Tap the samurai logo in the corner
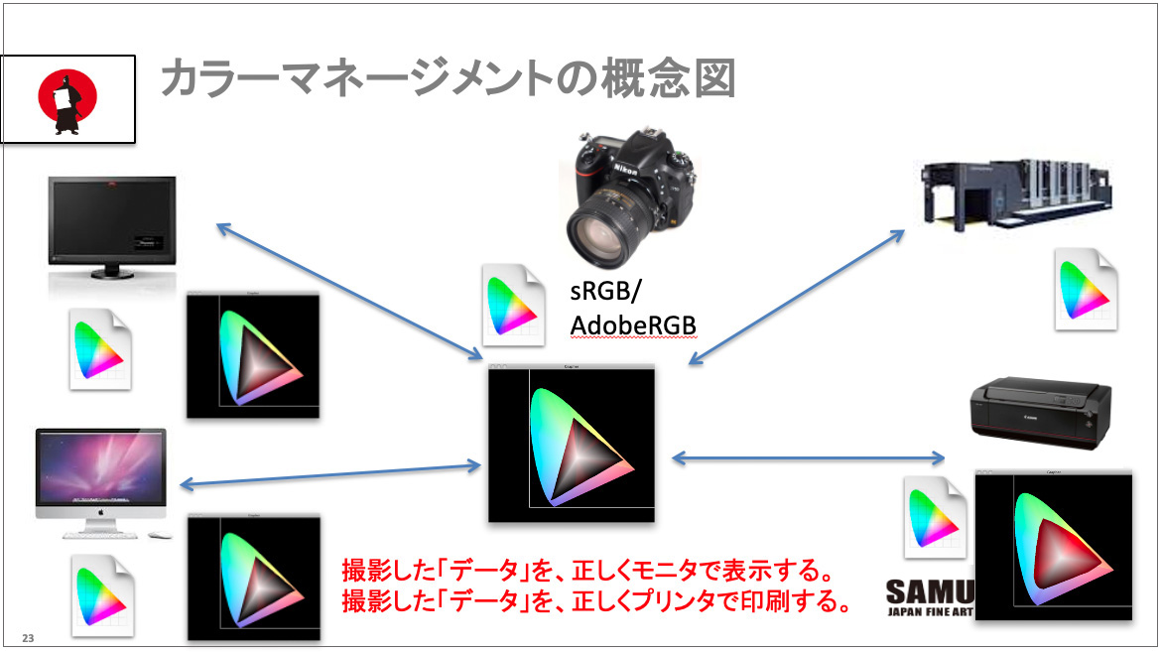pos(67,98)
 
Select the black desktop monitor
pos(111,227)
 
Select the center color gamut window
pos(572,444)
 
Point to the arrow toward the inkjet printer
pos(809,457)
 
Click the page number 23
pos(28,637)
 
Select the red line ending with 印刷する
pos(596,600)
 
